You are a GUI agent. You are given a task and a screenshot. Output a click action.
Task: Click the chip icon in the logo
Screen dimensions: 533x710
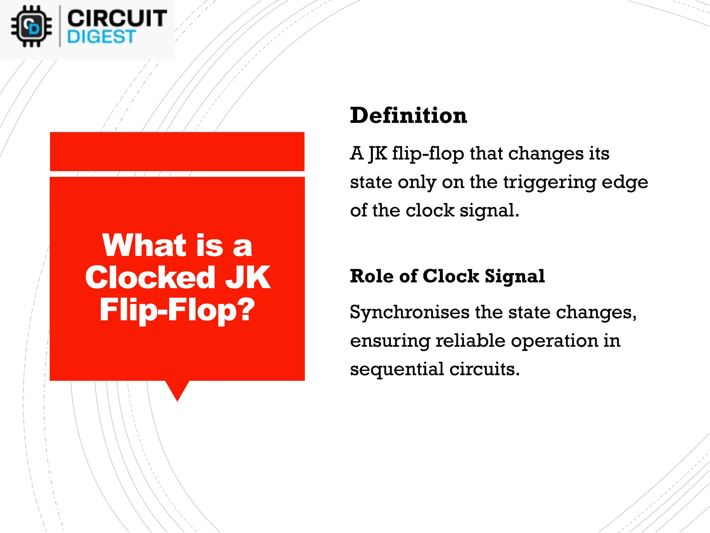[x=31, y=27]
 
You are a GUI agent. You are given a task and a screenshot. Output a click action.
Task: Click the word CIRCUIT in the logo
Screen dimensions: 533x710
[x=117, y=18]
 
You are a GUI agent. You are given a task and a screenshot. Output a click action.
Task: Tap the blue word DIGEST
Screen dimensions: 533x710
[x=101, y=37]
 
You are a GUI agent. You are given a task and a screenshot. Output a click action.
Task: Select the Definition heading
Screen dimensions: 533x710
[x=408, y=116]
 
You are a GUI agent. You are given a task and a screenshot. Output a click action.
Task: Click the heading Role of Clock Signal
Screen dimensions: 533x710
[x=447, y=276]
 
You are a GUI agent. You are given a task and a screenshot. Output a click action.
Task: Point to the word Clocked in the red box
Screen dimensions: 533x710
[x=150, y=277]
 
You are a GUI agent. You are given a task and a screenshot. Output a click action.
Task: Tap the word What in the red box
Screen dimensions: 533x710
[x=145, y=245]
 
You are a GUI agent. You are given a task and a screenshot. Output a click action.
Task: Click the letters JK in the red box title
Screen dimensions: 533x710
[x=248, y=277]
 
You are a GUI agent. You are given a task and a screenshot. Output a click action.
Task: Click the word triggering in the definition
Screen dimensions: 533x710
[x=549, y=182]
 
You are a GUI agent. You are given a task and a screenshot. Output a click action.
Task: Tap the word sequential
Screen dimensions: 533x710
[x=397, y=369]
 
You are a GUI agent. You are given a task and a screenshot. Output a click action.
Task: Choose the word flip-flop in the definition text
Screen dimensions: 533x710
[x=428, y=154]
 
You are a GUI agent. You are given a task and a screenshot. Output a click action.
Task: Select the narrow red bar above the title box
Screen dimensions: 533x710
[x=177, y=152]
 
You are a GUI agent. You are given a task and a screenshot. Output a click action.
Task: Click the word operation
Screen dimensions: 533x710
[x=554, y=341]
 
